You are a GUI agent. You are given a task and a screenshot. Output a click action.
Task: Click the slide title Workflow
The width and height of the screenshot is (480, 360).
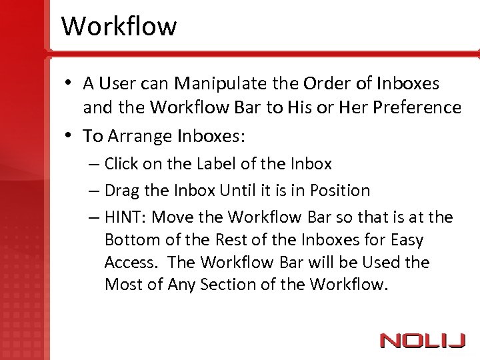pos(119,27)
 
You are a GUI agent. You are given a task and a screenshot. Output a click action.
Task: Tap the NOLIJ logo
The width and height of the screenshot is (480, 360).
pos(423,341)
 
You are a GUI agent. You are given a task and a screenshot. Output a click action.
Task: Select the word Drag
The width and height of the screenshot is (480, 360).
pos(122,191)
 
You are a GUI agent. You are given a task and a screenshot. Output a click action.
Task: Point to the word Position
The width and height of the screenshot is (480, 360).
pos(339,191)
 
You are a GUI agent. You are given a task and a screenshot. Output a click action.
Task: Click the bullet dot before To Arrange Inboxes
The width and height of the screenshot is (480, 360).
pos(69,137)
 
